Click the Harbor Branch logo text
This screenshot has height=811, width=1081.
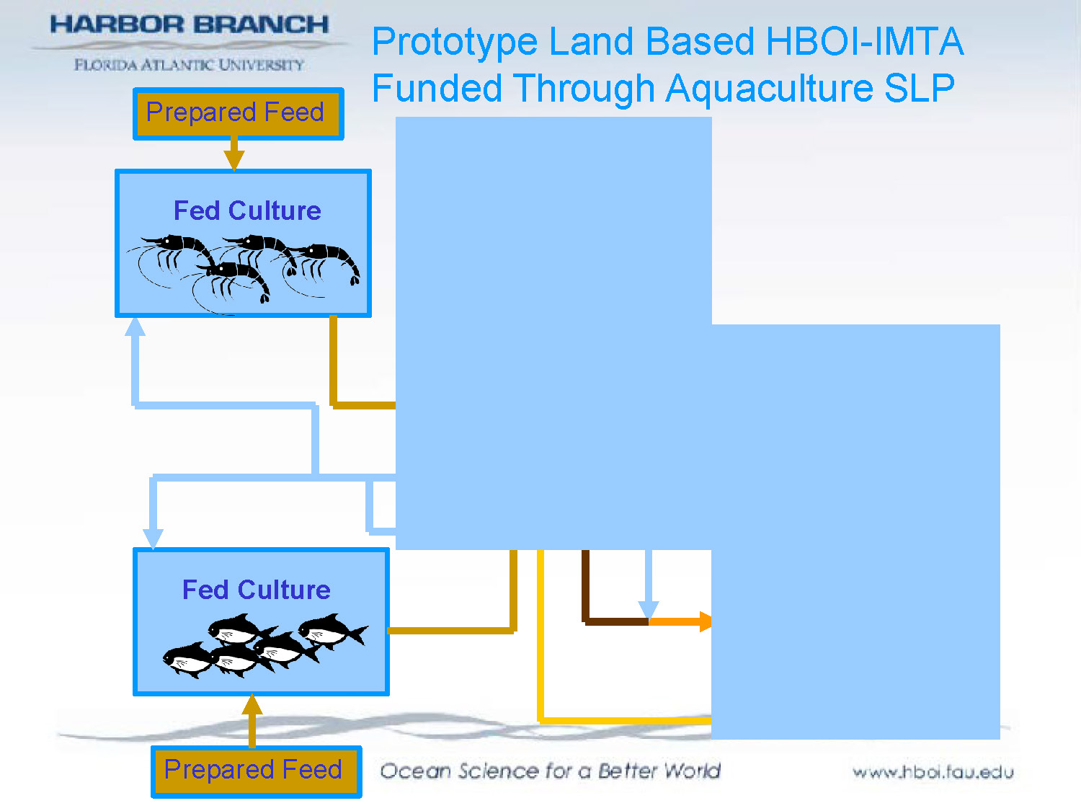(189, 25)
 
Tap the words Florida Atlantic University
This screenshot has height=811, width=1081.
(189, 65)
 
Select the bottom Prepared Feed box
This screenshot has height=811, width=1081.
(256, 771)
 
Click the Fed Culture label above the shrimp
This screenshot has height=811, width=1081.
(247, 210)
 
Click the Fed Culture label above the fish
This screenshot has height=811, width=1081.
(257, 590)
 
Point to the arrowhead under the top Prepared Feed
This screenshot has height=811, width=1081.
(233, 159)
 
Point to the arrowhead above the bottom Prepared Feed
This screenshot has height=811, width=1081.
(252, 705)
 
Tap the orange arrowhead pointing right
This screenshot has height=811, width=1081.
(705, 621)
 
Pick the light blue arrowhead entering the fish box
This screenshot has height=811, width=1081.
(153, 537)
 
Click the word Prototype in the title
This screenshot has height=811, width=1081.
(455, 42)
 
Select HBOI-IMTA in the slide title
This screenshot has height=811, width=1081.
(865, 42)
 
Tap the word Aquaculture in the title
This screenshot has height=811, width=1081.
(769, 89)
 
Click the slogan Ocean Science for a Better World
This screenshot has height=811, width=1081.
(550, 771)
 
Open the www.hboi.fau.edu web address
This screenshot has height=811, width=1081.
(933, 773)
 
